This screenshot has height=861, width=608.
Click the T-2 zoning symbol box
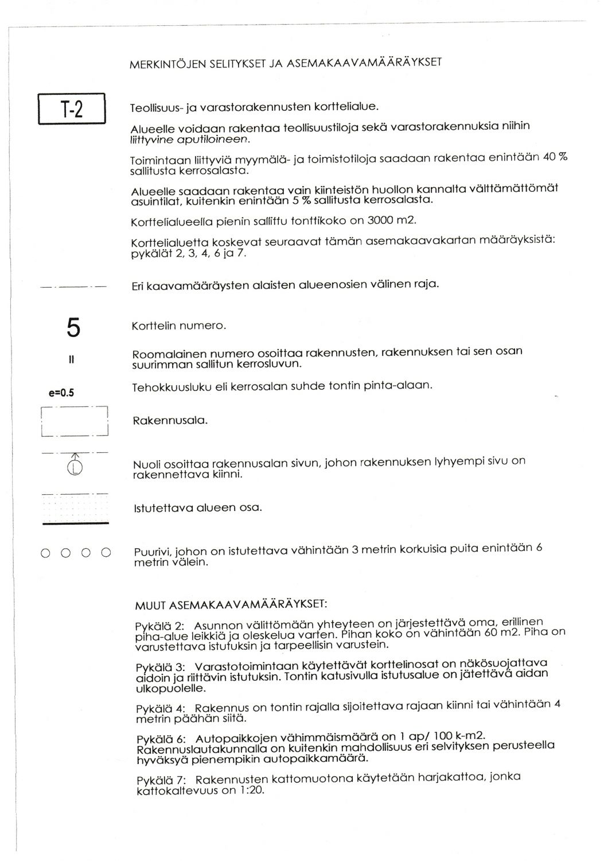72,108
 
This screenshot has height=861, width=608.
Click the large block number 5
73,328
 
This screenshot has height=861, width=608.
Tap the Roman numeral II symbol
72,360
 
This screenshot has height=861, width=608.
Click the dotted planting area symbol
75,508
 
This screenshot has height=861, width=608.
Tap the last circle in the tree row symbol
106,553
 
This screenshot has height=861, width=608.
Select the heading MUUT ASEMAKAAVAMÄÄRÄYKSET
231,605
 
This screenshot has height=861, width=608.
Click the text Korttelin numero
179,325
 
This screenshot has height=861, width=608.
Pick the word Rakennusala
170,421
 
